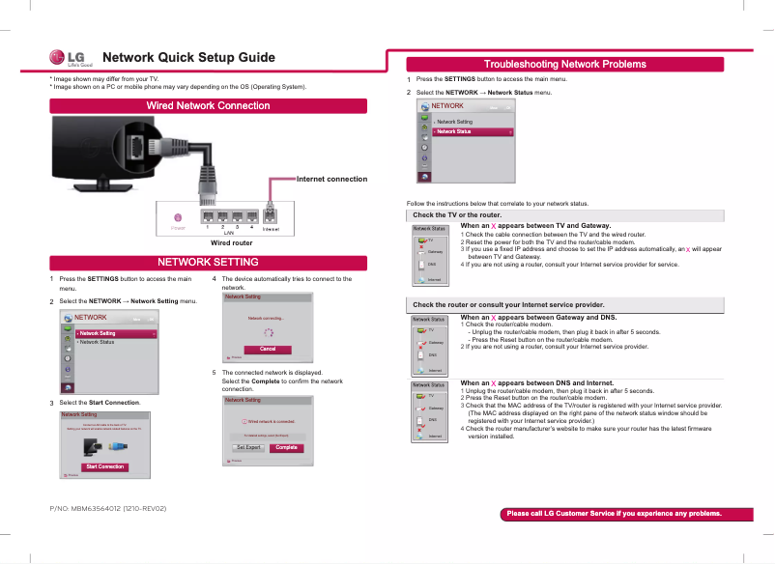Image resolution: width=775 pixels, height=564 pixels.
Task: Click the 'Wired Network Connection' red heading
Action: point(208,105)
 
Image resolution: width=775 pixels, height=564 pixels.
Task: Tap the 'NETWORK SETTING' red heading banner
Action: point(208,263)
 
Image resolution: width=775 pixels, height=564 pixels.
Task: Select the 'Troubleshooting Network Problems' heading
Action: point(565,64)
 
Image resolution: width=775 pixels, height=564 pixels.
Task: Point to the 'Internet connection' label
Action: point(331,179)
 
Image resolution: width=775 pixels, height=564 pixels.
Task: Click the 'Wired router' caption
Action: point(231,243)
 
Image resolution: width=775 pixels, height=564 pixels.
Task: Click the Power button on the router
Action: point(178,217)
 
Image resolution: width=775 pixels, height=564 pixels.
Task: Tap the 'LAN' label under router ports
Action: point(229,233)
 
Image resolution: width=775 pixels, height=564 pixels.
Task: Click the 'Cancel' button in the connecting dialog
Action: point(269,349)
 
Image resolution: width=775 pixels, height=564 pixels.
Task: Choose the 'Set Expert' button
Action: point(249,447)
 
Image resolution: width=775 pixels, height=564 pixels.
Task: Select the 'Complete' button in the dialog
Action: point(286,447)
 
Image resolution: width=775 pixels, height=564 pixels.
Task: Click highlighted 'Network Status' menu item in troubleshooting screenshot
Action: point(473,131)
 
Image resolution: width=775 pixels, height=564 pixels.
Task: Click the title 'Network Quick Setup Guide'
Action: point(189,57)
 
